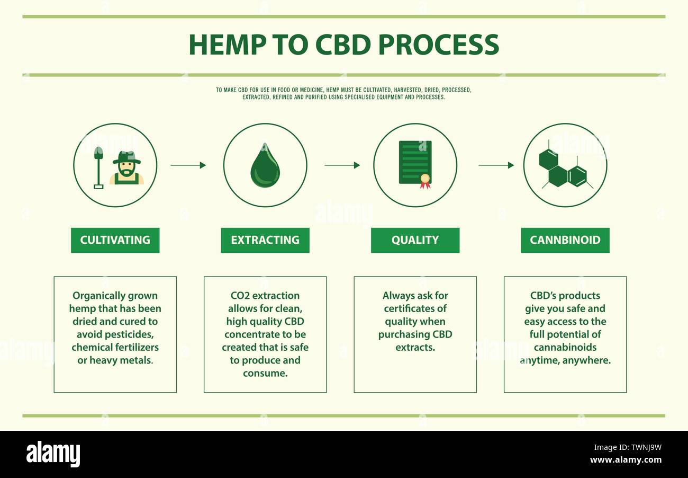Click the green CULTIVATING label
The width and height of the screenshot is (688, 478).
coord(115,240)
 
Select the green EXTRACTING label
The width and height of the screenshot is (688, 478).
coord(265,240)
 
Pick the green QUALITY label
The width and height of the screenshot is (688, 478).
coord(415,240)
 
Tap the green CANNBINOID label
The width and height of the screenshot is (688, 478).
coord(565,240)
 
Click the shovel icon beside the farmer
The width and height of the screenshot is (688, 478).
coord(98,167)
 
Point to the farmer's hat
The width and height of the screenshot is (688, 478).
coord(126,157)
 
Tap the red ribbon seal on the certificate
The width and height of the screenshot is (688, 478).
coord(425,181)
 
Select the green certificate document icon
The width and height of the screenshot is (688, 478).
coord(414,162)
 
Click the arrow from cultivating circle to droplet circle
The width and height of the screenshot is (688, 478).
coord(188,165)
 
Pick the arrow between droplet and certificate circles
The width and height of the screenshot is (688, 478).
coord(342,165)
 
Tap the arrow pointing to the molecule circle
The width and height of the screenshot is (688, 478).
coord(496,165)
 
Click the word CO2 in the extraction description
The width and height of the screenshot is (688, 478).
coord(240,296)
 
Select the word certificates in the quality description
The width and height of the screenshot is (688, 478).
coord(409,308)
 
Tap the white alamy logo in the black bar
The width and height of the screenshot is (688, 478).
coord(53,454)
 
